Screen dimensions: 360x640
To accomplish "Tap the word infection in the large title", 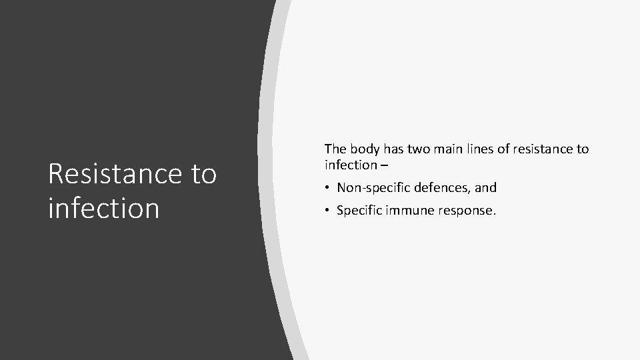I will (103, 207).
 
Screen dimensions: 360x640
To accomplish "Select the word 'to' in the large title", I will (203, 174).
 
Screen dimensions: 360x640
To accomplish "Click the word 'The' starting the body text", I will (335, 149).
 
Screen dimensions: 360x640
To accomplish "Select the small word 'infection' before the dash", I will (350, 164).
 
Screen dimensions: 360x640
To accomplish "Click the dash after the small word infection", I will (383, 165).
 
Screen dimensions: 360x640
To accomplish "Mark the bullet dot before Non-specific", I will (328, 188).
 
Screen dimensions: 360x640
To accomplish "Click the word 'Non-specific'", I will (371, 188).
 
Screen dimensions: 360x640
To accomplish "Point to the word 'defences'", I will (440, 188).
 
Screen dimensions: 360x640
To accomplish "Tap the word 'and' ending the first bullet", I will (485, 188).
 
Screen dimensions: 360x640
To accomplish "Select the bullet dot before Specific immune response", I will (328, 211).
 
